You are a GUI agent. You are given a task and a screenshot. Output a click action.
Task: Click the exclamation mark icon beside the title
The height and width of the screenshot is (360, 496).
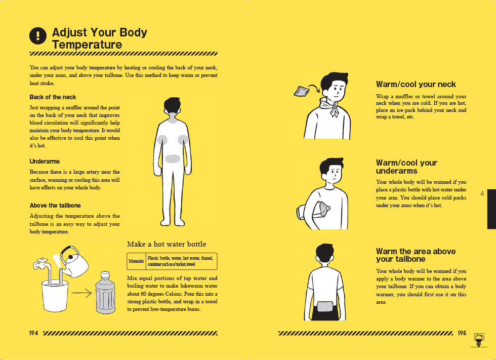click(38, 35)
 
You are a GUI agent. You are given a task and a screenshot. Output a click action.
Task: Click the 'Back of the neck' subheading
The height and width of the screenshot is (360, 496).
click(53, 97)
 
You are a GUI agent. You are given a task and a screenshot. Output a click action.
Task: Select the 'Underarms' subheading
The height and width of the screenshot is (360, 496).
click(45, 162)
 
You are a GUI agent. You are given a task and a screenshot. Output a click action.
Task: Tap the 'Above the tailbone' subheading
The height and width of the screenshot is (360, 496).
click(55, 205)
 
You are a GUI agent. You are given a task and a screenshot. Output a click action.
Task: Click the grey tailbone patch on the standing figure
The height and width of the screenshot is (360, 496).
click(173, 158)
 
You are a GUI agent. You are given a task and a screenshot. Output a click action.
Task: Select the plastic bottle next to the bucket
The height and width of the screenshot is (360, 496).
click(105, 292)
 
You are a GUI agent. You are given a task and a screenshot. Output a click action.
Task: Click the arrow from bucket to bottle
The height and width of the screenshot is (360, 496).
click(81, 293)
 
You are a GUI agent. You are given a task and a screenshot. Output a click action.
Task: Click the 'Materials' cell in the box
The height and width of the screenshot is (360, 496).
click(136, 261)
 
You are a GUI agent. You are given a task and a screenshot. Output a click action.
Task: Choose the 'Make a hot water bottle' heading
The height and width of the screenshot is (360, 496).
click(167, 244)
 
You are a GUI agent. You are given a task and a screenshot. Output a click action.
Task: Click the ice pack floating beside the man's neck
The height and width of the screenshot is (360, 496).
click(301, 91)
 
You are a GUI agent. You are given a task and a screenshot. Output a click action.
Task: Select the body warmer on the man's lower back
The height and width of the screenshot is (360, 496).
click(325, 307)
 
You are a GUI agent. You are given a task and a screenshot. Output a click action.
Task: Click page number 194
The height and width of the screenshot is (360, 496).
click(34, 333)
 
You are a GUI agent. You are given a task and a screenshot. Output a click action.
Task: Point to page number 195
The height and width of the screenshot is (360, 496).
click(462, 333)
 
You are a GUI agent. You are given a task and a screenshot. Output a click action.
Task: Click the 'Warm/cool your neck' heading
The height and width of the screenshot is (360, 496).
click(416, 84)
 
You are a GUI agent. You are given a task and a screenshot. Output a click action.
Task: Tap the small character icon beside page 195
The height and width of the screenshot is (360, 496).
click(479, 340)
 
